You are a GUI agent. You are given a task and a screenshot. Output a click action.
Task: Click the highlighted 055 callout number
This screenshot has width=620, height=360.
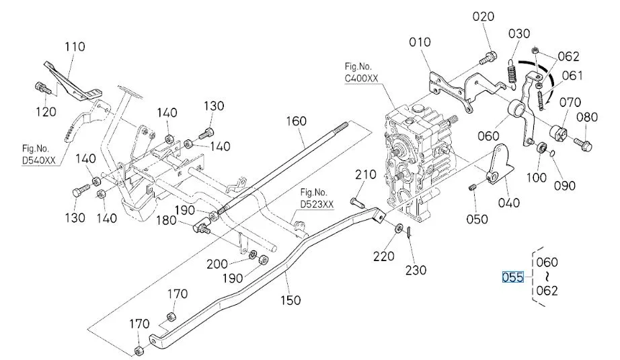[x=512, y=277]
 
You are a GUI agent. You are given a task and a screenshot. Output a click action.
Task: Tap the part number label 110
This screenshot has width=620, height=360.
[x=75, y=46]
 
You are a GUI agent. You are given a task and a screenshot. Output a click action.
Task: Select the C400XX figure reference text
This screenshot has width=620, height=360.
[x=361, y=78]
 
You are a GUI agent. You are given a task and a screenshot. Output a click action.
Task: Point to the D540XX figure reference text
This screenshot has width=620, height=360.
[x=39, y=161]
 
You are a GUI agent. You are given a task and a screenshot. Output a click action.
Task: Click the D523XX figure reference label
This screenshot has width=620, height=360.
[x=317, y=204]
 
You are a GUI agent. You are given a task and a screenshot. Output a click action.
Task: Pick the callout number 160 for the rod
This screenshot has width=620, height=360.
[x=296, y=121]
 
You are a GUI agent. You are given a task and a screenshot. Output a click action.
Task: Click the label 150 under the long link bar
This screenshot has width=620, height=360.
[x=290, y=300]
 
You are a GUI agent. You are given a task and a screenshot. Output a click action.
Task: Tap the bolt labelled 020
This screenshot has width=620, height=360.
[x=488, y=58]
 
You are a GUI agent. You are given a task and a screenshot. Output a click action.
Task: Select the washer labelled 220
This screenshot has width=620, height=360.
[x=399, y=228]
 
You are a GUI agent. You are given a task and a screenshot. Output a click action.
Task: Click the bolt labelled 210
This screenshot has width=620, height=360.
[x=358, y=204]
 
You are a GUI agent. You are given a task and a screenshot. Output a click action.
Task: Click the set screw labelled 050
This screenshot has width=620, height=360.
[x=471, y=187]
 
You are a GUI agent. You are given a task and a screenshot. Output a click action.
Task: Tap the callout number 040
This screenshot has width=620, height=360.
[x=509, y=203]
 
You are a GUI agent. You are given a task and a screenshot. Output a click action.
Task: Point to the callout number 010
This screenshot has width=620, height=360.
[x=420, y=42]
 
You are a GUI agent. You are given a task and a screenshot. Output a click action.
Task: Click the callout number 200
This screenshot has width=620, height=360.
[x=217, y=264]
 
